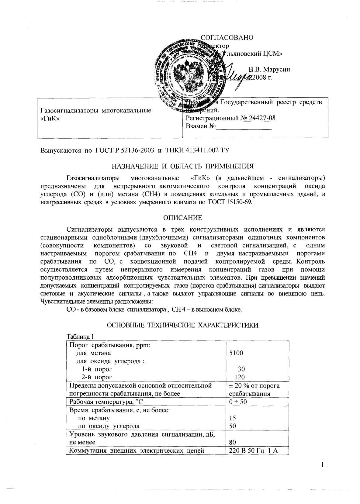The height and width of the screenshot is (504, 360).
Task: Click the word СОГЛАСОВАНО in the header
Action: pos(227,37)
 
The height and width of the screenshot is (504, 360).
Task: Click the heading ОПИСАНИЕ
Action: pos(182,218)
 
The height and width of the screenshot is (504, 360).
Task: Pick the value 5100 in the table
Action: pos(236,353)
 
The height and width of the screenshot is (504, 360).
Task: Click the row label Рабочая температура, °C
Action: pos(106,402)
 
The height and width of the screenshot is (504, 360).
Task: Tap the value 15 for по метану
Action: pos(233,418)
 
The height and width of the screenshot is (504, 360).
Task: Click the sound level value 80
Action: pos(233,442)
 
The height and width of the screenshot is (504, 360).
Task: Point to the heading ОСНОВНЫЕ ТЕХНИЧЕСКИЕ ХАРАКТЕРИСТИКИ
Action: pos(182,325)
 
